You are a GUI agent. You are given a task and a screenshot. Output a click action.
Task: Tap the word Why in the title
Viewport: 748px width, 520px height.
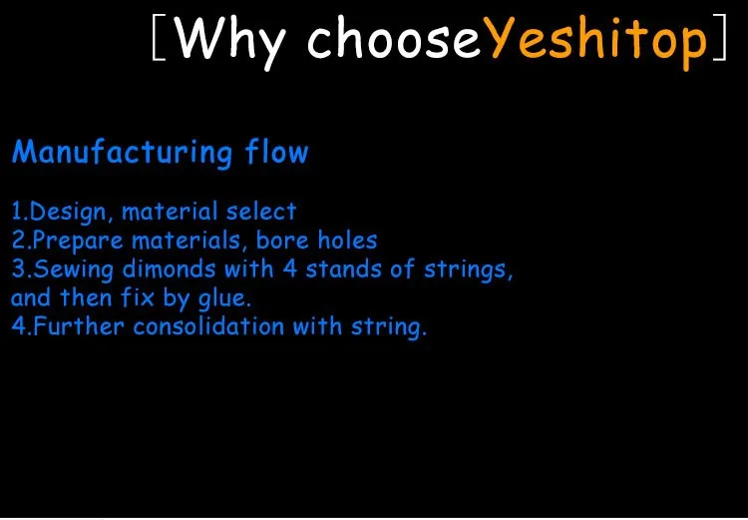click(230, 43)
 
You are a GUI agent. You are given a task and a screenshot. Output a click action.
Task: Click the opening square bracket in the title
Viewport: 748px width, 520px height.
click(160, 37)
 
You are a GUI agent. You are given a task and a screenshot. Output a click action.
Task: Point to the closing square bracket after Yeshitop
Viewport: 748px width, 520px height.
click(720, 37)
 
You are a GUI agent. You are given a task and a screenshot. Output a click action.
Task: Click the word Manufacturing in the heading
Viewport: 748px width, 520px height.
click(122, 153)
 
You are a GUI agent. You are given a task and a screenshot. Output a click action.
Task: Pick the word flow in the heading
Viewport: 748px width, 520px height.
click(277, 152)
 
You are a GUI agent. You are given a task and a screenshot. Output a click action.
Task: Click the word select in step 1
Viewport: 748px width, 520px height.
click(261, 212)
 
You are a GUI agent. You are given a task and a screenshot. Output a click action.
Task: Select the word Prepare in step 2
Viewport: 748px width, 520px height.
click(78, 242)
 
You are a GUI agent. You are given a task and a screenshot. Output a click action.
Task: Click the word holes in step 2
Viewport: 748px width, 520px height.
click(348, 241)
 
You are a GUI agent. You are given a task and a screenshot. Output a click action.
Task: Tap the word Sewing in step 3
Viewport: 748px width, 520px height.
click(73, 269)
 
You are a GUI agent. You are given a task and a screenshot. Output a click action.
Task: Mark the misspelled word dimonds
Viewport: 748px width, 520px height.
click(169, 268)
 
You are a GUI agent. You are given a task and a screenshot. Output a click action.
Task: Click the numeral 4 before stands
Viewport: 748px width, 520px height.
click(290, 268)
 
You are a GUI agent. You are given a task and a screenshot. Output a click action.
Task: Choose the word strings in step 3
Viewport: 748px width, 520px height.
click(468, 270)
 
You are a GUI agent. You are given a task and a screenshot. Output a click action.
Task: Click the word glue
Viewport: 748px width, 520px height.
click(224, 298)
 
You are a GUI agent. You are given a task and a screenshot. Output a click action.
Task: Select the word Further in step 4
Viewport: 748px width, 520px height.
click(79, 326)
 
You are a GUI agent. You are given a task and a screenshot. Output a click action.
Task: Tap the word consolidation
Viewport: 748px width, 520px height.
click(208, 326)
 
